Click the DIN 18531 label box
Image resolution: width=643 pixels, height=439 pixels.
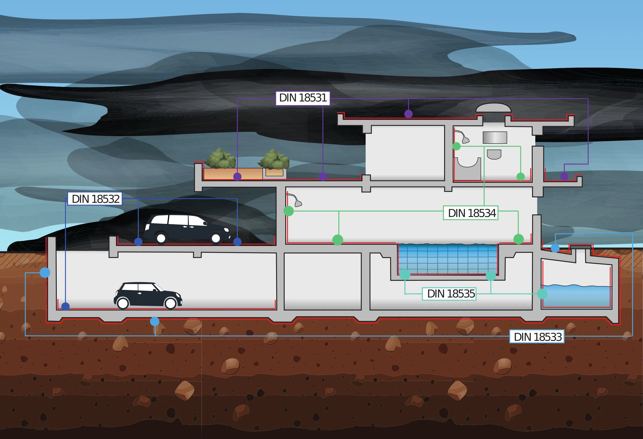pyautogui.click(x=303, y=98)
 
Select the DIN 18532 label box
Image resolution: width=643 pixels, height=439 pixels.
pyautogui.click(x=95, y=199)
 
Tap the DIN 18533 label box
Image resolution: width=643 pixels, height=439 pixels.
pyautogui.click(x=537, y=337)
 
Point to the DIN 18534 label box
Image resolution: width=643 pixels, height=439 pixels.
pyautogui.click(x=471, y=213)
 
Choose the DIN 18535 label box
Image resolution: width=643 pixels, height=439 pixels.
pyautogui.click(x=449, y=294)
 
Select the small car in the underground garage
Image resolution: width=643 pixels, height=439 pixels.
pyautogui.click(x=148, y=295)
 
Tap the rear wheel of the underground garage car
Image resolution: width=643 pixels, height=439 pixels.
pyautogui.click(x=123, y=303)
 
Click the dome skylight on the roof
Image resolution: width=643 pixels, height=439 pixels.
pyautogui.click(x=493, y=108)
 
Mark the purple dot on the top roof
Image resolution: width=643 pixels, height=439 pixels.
pyautogui.click(x=408, y=114)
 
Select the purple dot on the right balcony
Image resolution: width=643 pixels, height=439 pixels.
pyautogui.click(x=564, y=176)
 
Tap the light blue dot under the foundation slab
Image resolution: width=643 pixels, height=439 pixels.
pyautogui.click(x=155, y=321)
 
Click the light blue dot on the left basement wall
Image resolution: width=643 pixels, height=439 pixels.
pyautogui.click(x=45, y=272)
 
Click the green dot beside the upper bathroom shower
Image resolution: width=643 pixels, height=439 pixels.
pyautogui.click(x=456, y=146)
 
